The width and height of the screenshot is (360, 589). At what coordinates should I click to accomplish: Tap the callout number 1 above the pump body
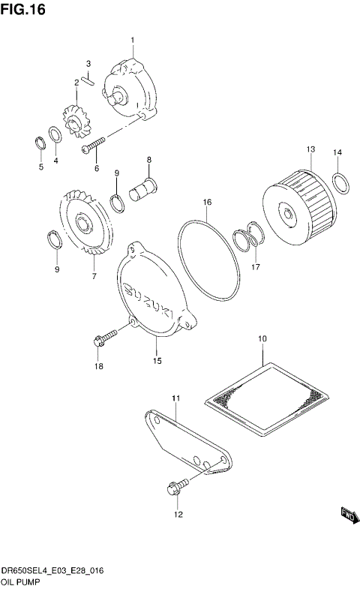tap(133, 39)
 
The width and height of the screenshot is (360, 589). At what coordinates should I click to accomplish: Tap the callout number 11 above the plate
tap(174, 397)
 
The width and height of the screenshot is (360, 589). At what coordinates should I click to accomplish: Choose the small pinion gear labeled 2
tap(75, 120)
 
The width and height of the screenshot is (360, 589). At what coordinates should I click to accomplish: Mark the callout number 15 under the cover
tap(157, 361)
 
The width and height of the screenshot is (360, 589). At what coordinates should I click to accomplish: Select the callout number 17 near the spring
tap(255, 266)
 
